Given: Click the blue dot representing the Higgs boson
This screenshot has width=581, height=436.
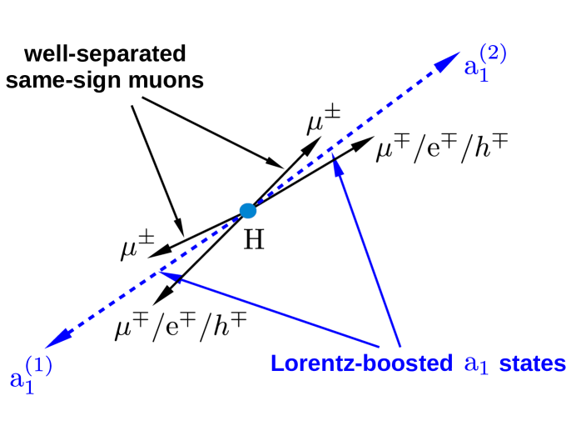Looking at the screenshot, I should [247, 211].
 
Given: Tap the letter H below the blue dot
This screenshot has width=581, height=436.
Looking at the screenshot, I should [253, 242].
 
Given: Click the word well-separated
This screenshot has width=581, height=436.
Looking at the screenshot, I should [105, 55].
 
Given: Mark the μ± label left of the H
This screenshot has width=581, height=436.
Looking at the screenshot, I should [137, 248].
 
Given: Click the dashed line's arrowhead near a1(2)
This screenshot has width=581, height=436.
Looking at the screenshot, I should [449, 60].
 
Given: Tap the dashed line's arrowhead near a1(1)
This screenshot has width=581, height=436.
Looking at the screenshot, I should [58, 337].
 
